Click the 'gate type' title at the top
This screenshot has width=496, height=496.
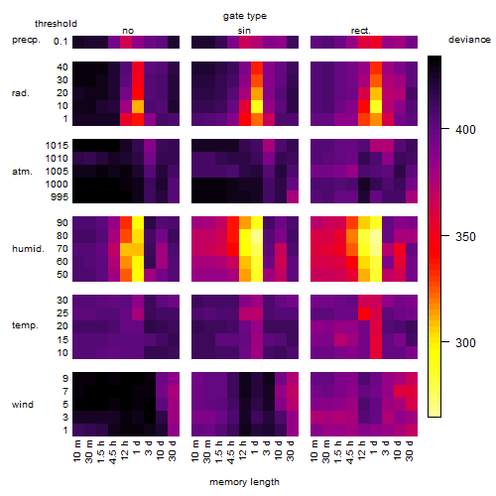[245, 16]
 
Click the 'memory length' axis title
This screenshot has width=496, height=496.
[244, 482]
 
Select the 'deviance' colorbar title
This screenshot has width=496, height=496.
[469, 40]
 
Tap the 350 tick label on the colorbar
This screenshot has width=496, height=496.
[465, 237]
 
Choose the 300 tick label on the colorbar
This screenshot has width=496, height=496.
[465, 342]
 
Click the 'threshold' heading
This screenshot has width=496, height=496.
[56, 24]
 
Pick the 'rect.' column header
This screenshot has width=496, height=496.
[360, 31]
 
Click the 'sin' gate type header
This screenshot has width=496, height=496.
[244, 31]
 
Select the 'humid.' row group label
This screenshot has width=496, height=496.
[28, 249]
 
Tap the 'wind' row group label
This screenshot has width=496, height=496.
[23, 405]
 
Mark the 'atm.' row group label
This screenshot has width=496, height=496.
[22, 172]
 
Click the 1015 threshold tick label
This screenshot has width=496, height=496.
[57, 146]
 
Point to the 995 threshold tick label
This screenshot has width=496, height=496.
[60, 197]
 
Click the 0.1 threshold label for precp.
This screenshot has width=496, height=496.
[61, 42]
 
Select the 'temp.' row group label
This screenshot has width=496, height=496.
[25, 325]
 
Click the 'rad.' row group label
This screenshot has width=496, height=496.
[21, 93]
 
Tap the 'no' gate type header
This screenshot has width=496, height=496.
[128, 31]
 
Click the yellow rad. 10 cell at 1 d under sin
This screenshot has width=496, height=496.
[257, 106]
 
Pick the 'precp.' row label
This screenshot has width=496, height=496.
[26, 41]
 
